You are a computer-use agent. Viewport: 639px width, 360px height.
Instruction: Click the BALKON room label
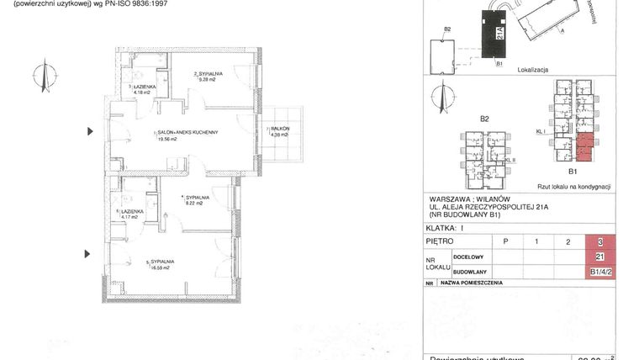[280, 129]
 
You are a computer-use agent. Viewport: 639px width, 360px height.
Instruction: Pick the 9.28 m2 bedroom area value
[207, 82]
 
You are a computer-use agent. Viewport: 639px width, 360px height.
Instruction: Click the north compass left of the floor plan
[39, 77]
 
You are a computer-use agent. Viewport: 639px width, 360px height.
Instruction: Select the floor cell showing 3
[599, 241]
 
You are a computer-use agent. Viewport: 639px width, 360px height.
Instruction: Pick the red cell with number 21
[599, 257]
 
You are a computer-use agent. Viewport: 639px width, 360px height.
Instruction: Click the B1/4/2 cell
[599, 271]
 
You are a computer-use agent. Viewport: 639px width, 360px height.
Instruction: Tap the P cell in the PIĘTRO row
[505, 241]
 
